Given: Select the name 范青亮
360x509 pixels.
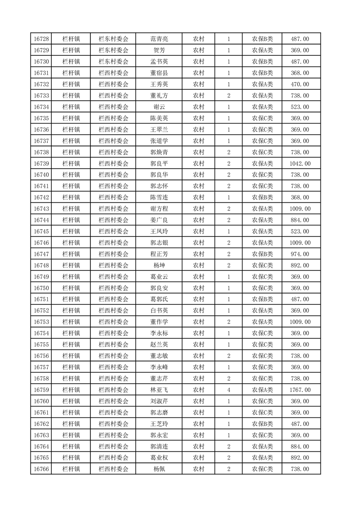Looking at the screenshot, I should [x=159, y=39].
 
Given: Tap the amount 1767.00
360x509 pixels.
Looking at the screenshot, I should [x=300, y=390].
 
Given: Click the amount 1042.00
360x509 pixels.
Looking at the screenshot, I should [x=300, y=163].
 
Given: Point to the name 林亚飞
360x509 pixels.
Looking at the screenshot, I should [x=159, y=390].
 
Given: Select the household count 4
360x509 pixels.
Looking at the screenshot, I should [x=228, y=390].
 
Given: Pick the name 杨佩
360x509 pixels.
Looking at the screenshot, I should [x=159, y=469].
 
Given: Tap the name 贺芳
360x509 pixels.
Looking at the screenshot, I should [x=159, y=50].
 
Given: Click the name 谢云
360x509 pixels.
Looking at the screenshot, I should [x=159, y=107].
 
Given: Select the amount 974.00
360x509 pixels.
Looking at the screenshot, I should [x=300, y=254].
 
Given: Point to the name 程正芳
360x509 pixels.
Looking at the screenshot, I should [x=159, y=254].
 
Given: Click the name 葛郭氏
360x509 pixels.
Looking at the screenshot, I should [x=159, y=299].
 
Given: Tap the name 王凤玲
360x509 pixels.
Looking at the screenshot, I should [x=159, y=231].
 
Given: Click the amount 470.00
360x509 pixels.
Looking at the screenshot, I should [x=300, y=84].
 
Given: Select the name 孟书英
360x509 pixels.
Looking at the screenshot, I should [x=159, y=62].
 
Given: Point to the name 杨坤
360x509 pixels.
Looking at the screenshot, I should [x=159, y=265].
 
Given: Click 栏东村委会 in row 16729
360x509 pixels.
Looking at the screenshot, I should [x=113, y=50].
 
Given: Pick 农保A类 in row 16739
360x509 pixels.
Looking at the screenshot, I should [x=262, y=163].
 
